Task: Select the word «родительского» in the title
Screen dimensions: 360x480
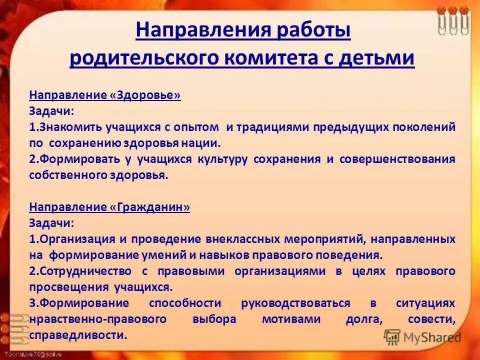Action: click(x=136, y=58)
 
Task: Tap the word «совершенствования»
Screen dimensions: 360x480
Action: click(x=397, y=159)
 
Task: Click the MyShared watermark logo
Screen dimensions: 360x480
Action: click(x=422, y=337)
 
